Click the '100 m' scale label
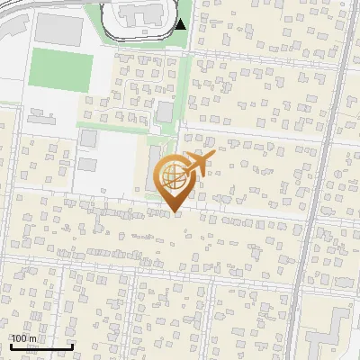(x=23, y=338)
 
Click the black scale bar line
(x=41, y=346)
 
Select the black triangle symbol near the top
(x=181, y=24)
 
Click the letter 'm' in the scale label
(x=32, y=338)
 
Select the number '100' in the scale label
(x=19, y=338)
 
